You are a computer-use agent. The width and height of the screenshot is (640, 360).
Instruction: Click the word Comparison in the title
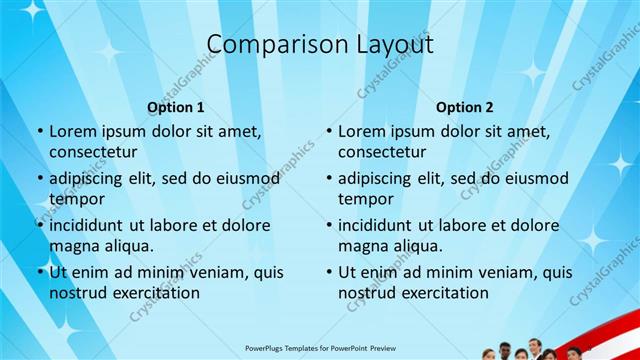[267, 45]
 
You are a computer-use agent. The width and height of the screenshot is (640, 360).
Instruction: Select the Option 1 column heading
[176, 107]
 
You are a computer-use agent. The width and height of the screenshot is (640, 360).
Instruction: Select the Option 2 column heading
[465, 107]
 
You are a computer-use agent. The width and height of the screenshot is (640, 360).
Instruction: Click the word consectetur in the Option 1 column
[93, 152]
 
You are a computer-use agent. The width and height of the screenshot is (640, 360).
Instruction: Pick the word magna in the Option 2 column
[361, 245]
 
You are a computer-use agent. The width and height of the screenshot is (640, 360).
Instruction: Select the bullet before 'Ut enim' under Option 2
[329, 272]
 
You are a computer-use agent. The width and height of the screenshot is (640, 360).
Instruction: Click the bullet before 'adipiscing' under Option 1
[40, 178]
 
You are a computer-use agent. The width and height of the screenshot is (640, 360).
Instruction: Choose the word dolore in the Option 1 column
[246, 225]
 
